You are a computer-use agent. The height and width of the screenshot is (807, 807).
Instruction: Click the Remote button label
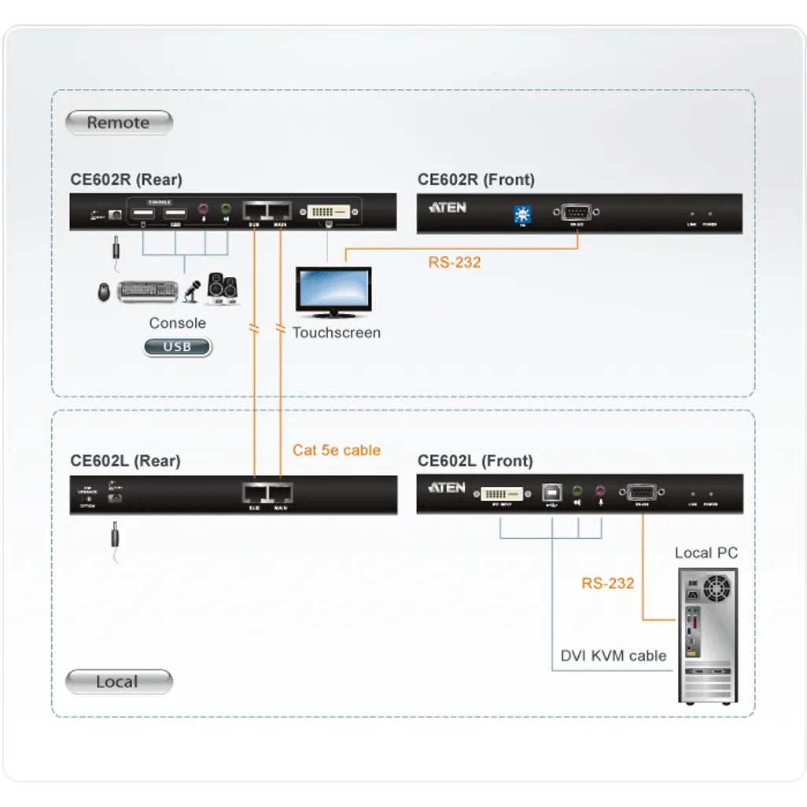tap(118, 123)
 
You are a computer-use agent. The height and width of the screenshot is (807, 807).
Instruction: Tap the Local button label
tap(118, 682)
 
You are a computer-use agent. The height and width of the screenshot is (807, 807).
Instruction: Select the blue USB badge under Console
tap(177, 347)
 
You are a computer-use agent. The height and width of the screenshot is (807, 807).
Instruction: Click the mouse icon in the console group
tap(105, 293)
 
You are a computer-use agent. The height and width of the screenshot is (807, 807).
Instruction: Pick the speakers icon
tap(223, 289)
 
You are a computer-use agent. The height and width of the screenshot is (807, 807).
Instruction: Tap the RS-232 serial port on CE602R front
tap(578, 212)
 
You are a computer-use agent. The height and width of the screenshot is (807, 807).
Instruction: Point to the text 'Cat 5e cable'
tap(336, 450)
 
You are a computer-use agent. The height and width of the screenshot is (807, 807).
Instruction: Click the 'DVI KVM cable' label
tap(613, 655)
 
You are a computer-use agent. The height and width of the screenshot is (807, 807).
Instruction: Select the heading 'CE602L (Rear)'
tap(125, 461)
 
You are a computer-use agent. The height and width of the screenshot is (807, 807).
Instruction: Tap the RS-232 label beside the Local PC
tap(607, 583)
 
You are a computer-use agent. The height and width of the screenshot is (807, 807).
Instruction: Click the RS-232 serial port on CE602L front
tap(645, 493)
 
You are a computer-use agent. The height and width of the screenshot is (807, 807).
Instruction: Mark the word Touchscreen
tap(336, 333)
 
